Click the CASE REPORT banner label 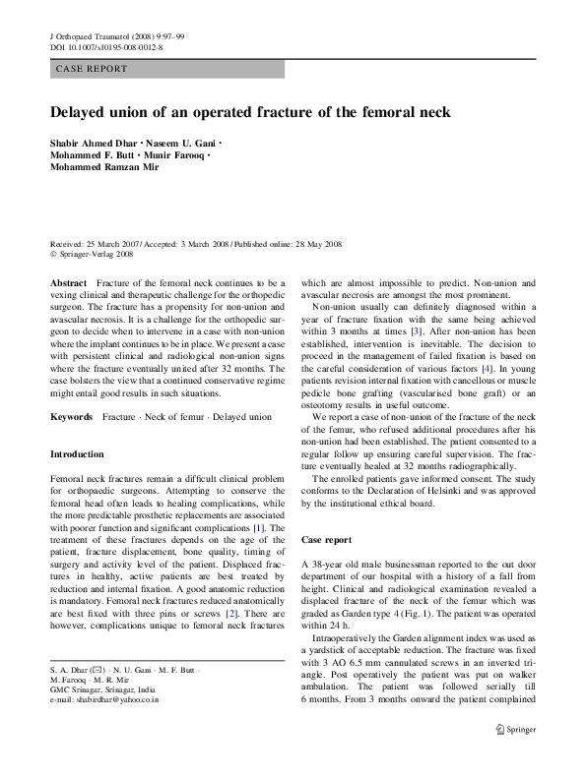[x=92, y=69]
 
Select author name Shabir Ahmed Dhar [x=95, y=143]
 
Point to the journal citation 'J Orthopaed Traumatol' [x=90, y=36]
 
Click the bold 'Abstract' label [x=69, y=282]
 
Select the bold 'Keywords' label [x=73, y=417]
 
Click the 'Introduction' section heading [x=77, y=454]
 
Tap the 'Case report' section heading [x=326, y=540]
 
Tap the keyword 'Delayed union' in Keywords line [x=243, y=417]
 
